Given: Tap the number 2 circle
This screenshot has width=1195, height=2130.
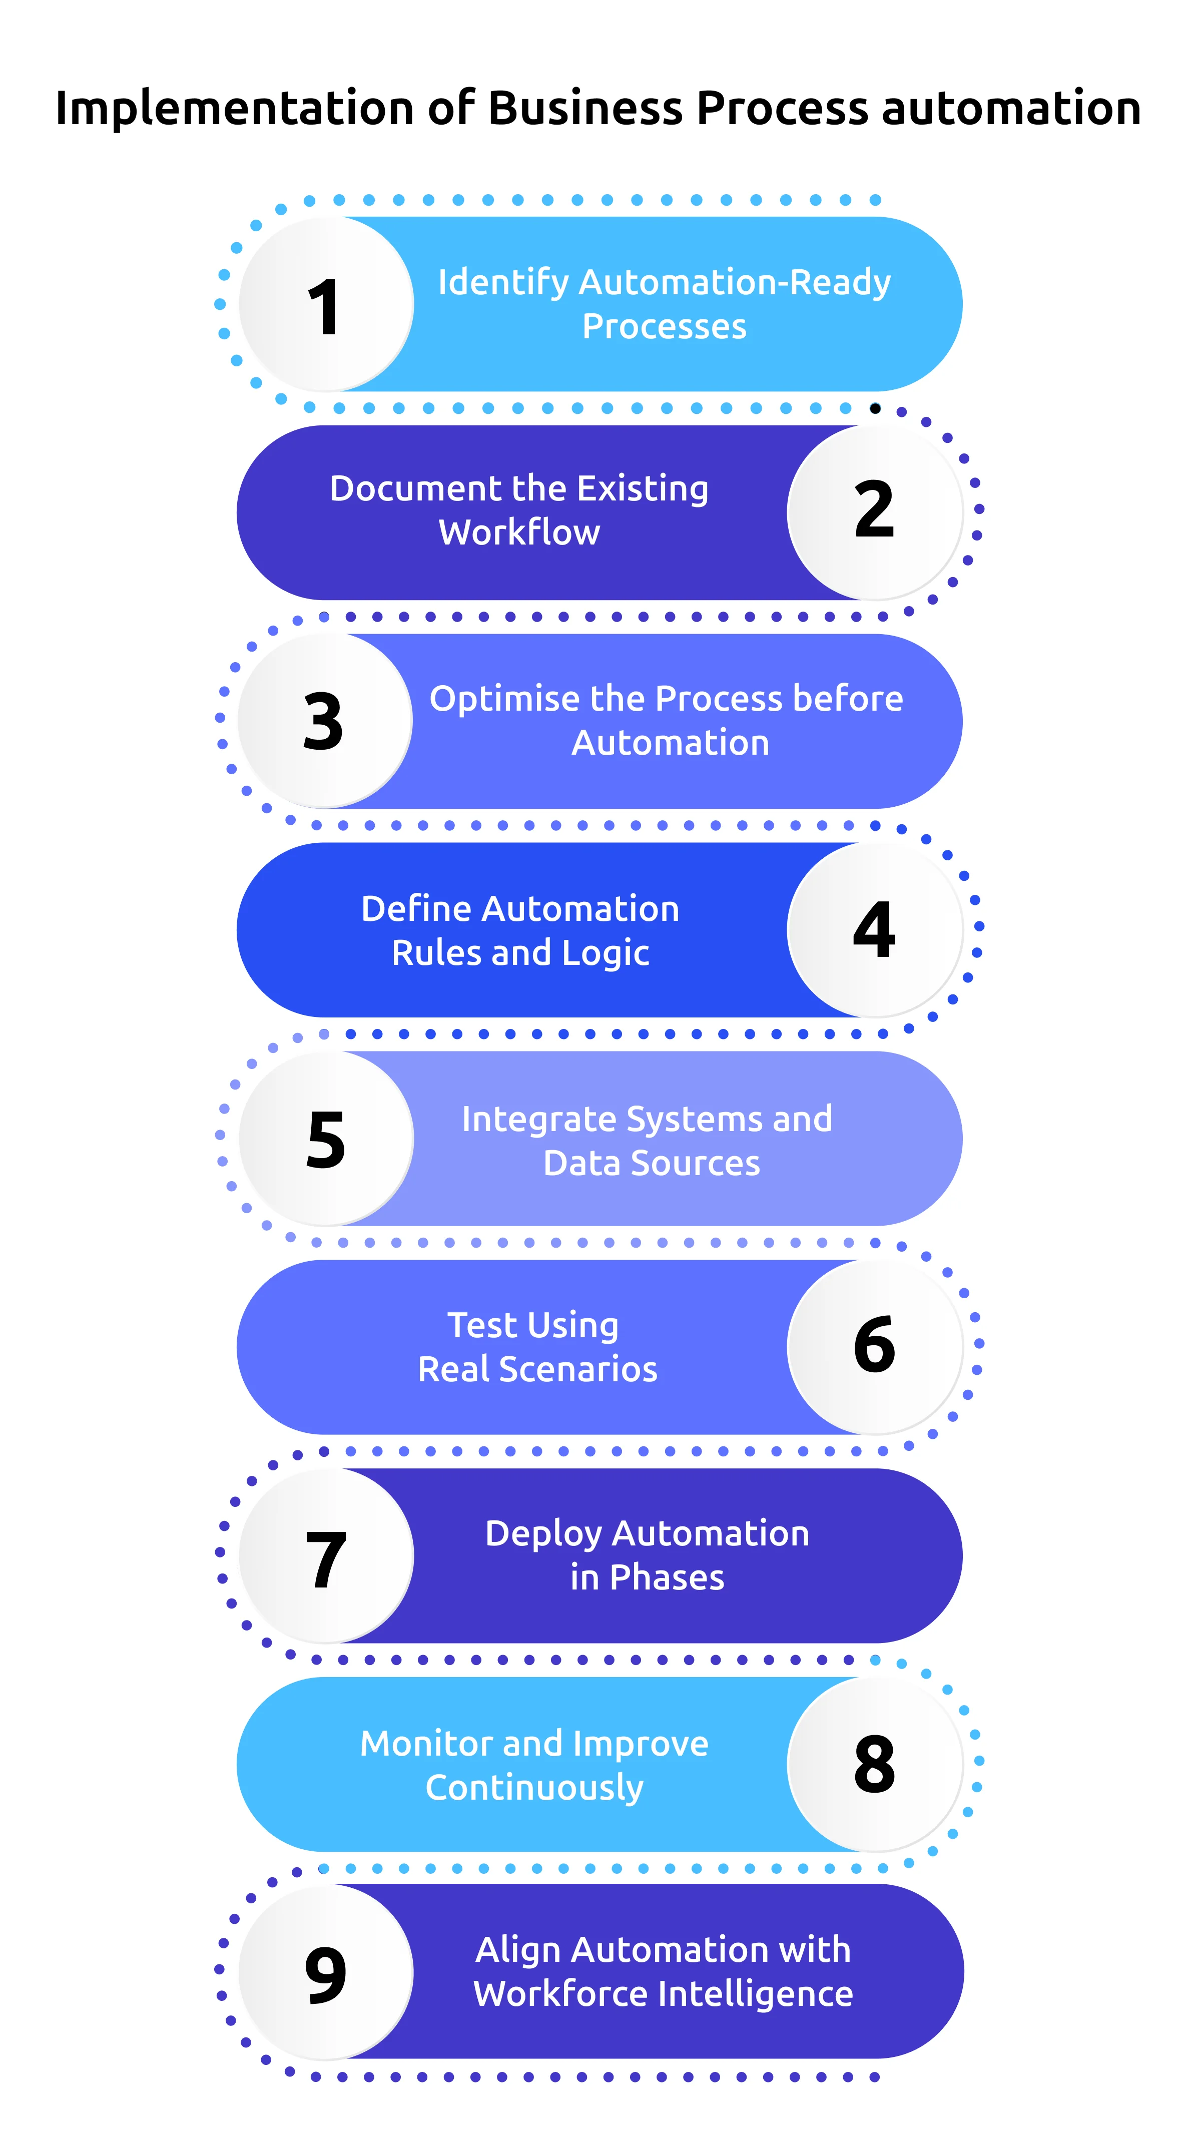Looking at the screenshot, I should click(x=874, y=512).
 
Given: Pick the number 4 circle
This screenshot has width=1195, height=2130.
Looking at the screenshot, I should click(x=874, y=929).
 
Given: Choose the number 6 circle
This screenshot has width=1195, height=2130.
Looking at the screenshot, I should click(x=874, y=1347).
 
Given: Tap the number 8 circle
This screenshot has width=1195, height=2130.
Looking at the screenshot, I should click(x=874, y=1765).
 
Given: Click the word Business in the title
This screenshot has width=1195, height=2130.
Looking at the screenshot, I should click(x=585, y=108).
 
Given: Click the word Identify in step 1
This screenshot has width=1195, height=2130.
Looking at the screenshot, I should click(x=503, y=283).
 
